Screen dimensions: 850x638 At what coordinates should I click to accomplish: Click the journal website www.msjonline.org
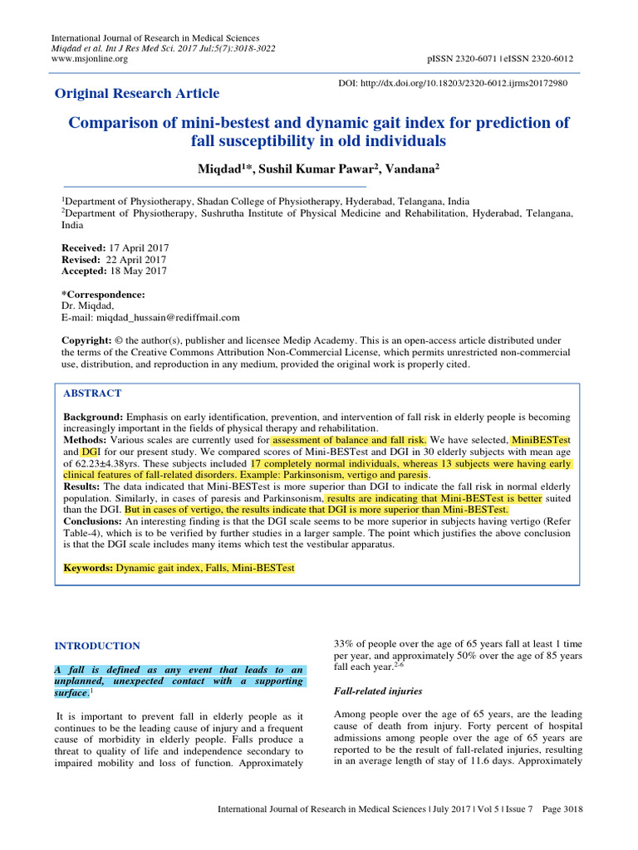pos(90,59)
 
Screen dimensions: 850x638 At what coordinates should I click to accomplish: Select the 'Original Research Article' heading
pos(137,93)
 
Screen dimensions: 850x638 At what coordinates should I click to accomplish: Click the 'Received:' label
pos(84,248)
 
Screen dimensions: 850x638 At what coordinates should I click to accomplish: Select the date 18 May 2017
pos(138,271)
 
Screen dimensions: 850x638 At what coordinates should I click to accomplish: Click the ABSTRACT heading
pos(92,393)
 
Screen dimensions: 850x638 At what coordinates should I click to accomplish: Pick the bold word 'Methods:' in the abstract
pos(86,439)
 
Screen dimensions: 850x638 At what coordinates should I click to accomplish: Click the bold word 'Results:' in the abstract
pos(83,486)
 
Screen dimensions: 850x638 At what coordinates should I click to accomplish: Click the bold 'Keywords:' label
pos(88,568)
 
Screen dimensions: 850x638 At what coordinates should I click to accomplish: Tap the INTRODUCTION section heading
pos(97,646)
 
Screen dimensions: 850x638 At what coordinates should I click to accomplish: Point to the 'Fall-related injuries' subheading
pos(378,691)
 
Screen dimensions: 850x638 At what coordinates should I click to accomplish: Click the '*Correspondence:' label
pos(104,295)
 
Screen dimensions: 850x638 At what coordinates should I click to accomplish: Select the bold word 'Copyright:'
pos(87,341)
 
